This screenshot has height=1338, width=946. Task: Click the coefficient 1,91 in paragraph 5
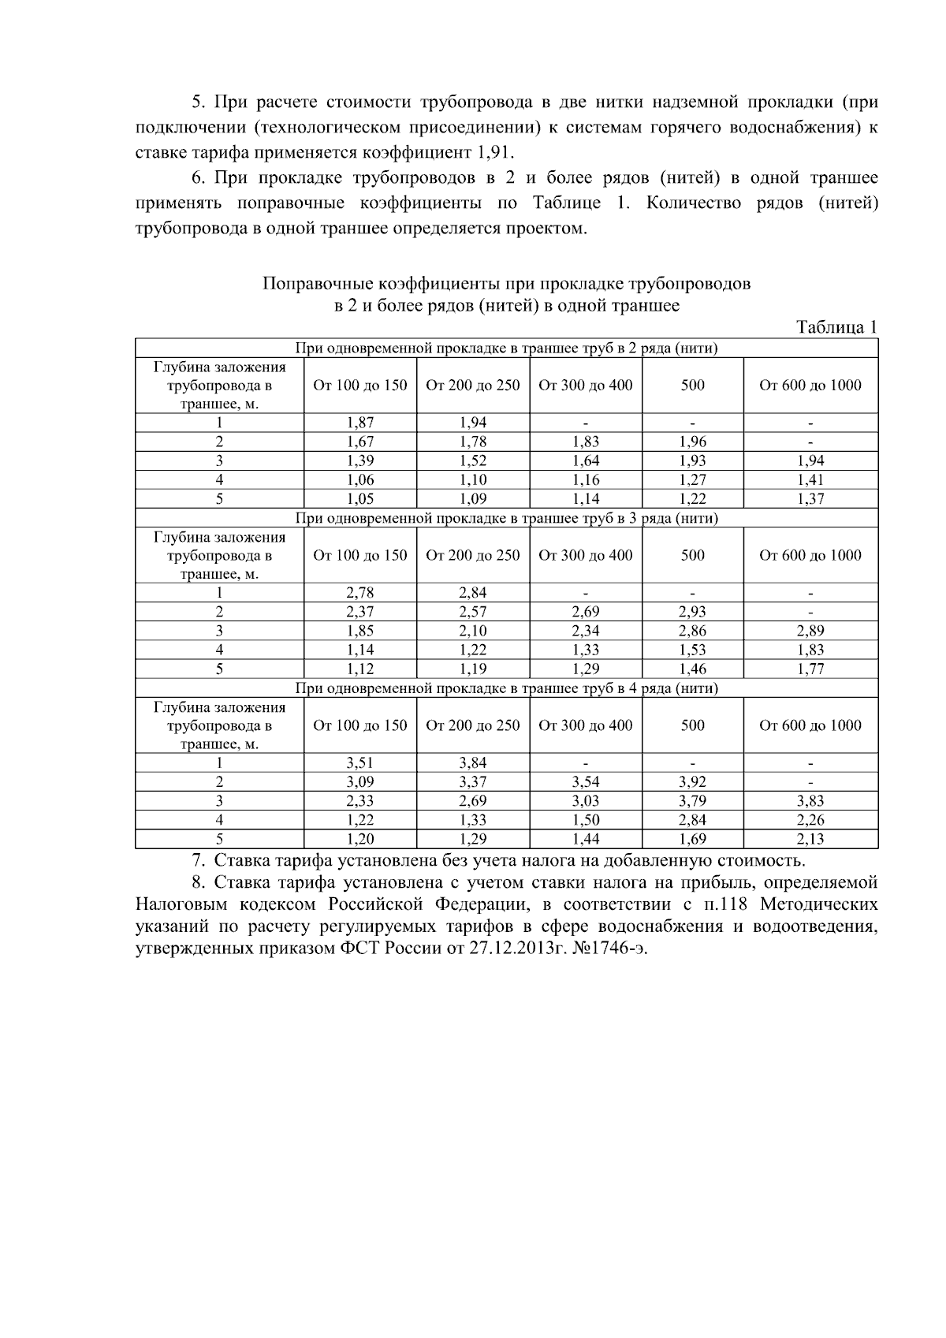pos(495,151)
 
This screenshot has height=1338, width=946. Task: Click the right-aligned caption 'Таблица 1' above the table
pos(836,327)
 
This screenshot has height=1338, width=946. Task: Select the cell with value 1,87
pos(360,423)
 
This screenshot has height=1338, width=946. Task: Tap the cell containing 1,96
pos(692,442)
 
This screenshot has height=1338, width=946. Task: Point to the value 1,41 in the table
pos(810,479)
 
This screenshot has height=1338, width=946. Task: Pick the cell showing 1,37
pos(810,498)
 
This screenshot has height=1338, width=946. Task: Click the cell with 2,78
pos(360,593)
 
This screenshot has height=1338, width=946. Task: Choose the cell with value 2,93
pos(692,612)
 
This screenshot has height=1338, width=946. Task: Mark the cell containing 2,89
pos(810,631)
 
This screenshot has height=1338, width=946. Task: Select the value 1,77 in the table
pos(810,669)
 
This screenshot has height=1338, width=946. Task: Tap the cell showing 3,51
pos(360,762)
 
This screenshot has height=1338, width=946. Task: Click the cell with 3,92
pos(692,781)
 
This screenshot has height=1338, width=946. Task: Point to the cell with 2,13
pos(810,839)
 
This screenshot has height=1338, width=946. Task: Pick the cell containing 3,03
pos(586,800)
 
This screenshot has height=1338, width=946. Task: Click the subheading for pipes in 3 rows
pos(506,518)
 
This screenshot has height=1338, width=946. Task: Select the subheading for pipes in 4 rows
pos(506,688)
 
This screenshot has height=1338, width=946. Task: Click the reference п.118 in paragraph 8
pos(728,904)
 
